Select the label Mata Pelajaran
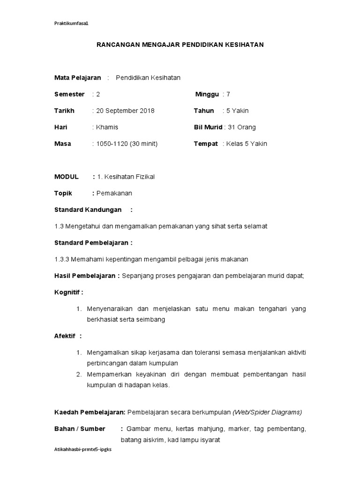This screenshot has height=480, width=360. point(77,78)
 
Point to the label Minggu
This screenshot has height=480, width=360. point(207,94)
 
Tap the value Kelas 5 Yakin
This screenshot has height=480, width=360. point(246,143)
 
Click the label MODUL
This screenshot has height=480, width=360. point(67,177)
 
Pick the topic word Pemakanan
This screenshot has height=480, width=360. point(114,193)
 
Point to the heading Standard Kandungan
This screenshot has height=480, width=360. point(88,210)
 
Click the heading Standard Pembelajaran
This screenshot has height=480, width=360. point(92,243)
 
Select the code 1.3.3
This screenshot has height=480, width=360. point(61,259)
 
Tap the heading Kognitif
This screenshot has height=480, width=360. point(68,292)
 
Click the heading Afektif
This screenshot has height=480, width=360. point(66,336)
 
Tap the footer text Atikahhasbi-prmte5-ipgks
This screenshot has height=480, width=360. point(83,449)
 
